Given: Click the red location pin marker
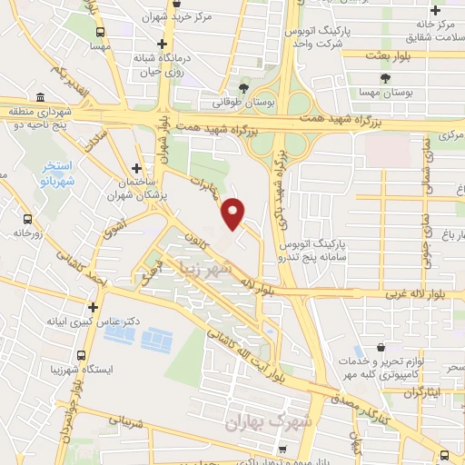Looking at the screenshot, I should tap(233, 213).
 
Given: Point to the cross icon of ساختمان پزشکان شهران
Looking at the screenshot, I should tap(136, 168).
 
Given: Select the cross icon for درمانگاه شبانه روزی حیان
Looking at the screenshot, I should tap(162, 43).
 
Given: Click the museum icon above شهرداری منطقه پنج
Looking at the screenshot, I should tap(39, 98).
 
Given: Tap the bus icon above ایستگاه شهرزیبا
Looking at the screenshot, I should tap(83, 356).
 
